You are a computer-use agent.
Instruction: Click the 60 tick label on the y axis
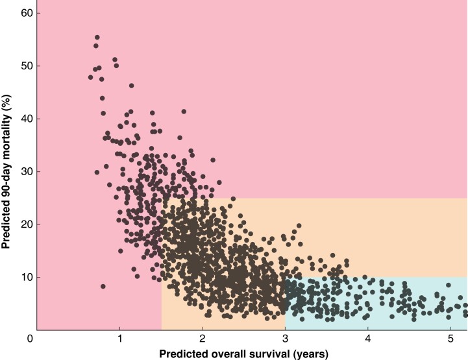click(26, 13)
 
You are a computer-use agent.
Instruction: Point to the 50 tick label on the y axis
click(26, 66)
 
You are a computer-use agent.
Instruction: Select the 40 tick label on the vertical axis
click(26, 119)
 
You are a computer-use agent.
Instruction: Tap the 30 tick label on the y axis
click(26, 171)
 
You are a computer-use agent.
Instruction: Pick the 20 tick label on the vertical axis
click(26, 224)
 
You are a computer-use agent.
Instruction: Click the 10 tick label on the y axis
click(26, 277)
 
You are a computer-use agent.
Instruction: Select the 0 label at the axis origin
click(30, 339)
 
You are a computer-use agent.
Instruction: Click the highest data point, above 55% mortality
click(97, 38)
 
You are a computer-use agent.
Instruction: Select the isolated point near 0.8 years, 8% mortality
click(103, 286)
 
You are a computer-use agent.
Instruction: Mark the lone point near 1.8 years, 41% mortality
click(184, 112)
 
